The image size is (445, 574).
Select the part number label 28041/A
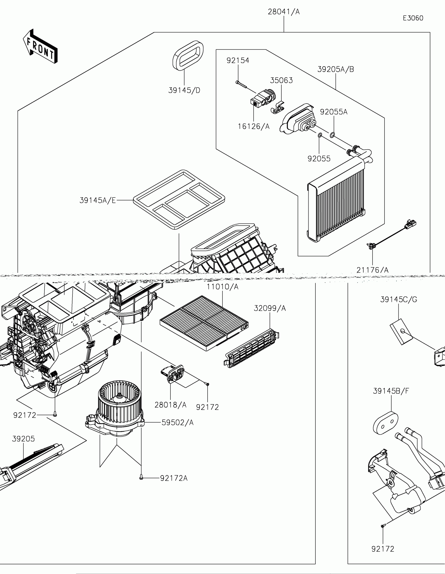(x=284, y=12)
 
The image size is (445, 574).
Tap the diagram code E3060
(x=413, y=18)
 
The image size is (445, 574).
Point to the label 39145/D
(x=184, y=90)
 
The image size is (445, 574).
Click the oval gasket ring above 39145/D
(x=188, y=55)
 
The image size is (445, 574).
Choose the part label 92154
(x=238, y=60)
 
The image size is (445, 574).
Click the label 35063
(x=281, y=80)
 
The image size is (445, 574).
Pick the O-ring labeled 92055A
(x=332, y=135)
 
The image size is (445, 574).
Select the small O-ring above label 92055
(x=319, y=136)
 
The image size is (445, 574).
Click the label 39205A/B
(x=336, y=69)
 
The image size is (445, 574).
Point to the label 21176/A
(x=372, y=270)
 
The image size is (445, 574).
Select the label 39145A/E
(x=98, y=200)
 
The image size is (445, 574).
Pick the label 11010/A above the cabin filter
(x=222, y=287)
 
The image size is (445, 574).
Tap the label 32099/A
(x=270, y=308)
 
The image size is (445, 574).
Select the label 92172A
(x=174, y=478)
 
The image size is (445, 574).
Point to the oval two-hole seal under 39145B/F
(x=386, y=424)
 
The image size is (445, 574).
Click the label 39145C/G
(x=398, y=299)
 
